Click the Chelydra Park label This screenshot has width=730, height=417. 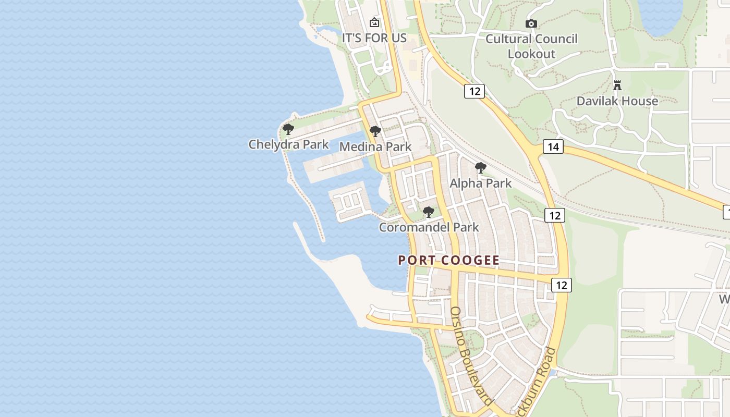tap(288, 144)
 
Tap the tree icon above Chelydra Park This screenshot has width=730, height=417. tap(288, 129)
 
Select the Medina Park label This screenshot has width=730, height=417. tap(375, 147)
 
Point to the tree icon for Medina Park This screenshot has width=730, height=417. tap(375, 131)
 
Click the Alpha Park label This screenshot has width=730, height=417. tap(481, 183)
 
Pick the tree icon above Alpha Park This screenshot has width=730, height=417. tap(481, 168)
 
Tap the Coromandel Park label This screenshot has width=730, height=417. tap(429, 227)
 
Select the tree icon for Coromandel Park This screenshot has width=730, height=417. tap(429, 212)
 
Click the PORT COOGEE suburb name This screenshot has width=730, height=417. tap(448, 260)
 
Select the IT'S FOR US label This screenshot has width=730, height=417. tap(374, 38)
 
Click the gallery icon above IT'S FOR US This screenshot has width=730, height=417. tap(374, 22)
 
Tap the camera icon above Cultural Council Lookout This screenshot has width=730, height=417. tap(531, 23)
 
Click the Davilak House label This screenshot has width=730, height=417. tap(617, 101)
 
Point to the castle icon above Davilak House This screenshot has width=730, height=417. tap(617, 85)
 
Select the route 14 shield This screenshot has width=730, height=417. tap(553, 146)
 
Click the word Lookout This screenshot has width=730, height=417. tap(532, 54)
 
